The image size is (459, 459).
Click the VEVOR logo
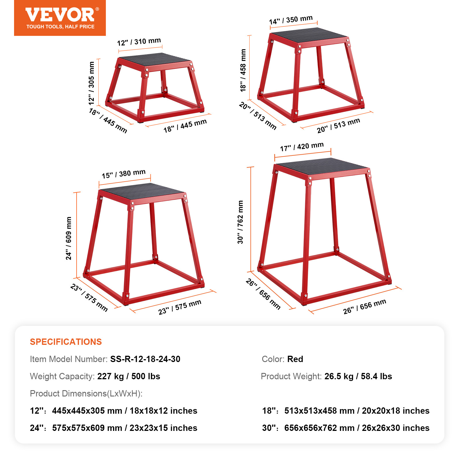pyautogui.click(x=60, y=15)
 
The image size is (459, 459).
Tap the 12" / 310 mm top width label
pyautogui.click(x=139, y=42)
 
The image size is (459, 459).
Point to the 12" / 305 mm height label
pyautogui.click(x=92, y=83)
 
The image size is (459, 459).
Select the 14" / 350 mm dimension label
pyautogui.click(x=291, y=20)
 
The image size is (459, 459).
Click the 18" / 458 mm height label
pyautogui.click(x=243, y=70)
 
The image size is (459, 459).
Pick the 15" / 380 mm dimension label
pyautogui.click(x=124, y=174)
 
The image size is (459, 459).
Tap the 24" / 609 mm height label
pyautogui.click(x=69, y=238)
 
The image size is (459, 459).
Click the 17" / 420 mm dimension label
pyautogui.click(x=302, y=147)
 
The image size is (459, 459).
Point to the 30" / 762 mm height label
pyautogui.click(x=240, y=222)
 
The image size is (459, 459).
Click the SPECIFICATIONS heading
pyautogui.click(x=66, y=342)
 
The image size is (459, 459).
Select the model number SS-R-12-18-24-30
pyautogui.click(x=145, y=359)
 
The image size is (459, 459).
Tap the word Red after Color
pyautogui.click(x=295, y=359)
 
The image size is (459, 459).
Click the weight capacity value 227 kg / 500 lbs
pyautogui.click(x=129, y=376)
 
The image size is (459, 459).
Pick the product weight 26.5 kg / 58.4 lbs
pyautogui.click(x=358, y=376)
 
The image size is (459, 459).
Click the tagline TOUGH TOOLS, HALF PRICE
pyautogui.click(x=60, y=27)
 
